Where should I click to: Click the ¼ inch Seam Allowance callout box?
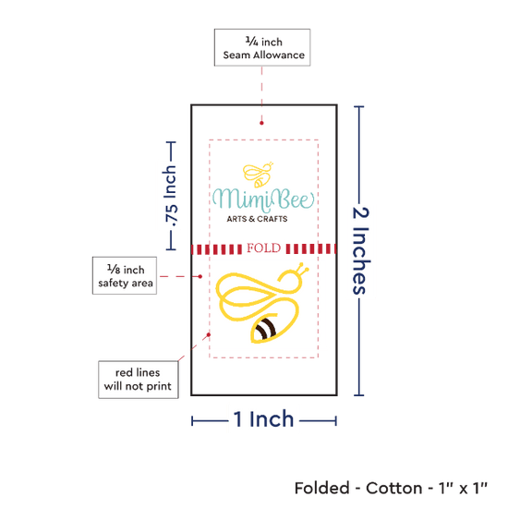pos(262,48)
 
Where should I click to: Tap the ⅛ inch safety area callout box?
pos(125,276)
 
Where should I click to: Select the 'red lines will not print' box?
pos(139,380)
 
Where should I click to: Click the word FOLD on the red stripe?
pos(264,248)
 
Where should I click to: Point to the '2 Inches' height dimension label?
pos(361,250)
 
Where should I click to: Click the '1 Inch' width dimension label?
pos(263,419)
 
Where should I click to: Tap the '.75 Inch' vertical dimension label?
pos(170,196)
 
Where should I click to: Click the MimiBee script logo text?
pos(263,199)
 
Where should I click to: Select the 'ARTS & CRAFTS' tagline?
pos(257,219)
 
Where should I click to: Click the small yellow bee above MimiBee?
pos(259,175)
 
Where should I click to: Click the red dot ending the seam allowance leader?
pos(261,123)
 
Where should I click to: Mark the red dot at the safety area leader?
pos(200,276)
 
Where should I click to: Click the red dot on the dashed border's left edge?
pos(209,334)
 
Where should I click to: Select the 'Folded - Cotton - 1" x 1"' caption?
pos(391,489)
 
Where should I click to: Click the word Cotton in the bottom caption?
pos(394,489)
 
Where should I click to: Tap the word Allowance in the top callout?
pos(279,55)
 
